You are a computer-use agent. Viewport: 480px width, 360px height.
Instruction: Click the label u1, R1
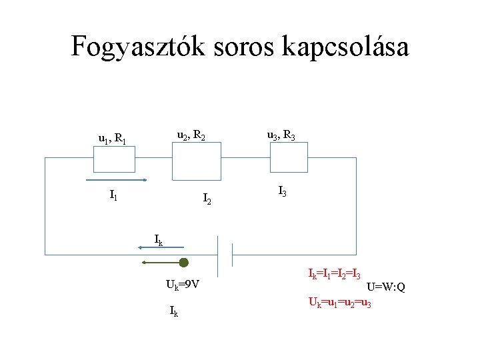[x=113, y=139]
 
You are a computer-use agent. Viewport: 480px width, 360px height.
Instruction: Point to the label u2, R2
[x=191, y=137]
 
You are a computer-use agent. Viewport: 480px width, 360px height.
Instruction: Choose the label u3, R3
[x=281, y=136]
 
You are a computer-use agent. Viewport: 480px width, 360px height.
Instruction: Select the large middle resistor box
[x=196, y=161]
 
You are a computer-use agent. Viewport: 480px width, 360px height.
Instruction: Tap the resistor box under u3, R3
[x=289, y=159]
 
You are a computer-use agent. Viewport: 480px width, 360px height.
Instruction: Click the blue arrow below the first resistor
[x=117, y=180]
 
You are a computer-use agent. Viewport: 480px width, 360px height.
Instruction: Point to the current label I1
[x=114, y=196]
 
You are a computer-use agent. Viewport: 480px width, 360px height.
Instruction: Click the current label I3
[x=282, y=193]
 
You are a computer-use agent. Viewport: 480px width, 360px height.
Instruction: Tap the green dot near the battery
[x=184, y=263]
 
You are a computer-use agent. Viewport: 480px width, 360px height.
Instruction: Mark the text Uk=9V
[x=183, y=285]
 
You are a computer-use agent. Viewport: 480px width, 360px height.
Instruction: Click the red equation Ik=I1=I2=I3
[x=335, y=273]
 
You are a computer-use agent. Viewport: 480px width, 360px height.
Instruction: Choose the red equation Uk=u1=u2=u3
[x=339, y=302]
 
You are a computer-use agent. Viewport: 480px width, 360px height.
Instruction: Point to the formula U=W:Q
[x=386, y=287]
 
